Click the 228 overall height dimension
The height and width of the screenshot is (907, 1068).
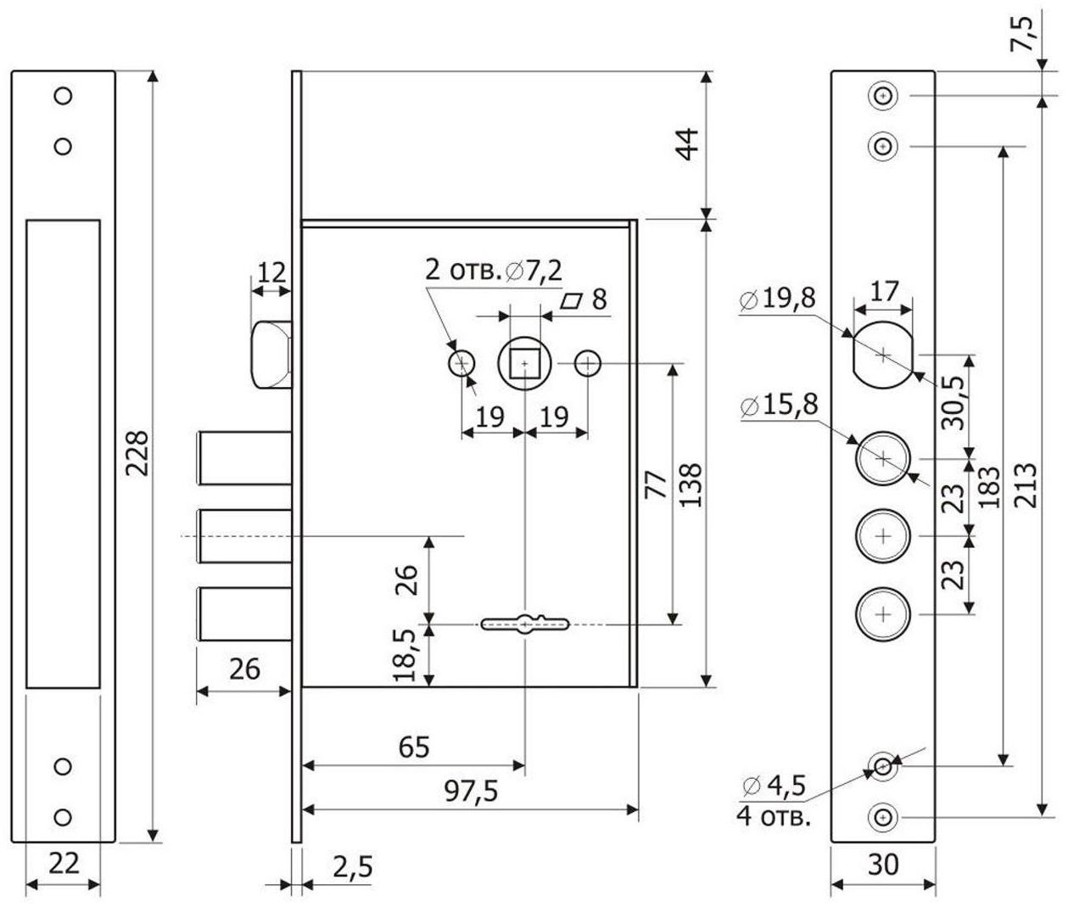point(138,454)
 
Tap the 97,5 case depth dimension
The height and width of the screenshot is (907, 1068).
point(472,791)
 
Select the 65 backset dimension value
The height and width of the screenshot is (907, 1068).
point(414,747)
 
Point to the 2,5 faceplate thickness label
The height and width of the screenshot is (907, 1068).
point(351,868)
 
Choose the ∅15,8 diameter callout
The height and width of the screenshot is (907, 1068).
point(779,406)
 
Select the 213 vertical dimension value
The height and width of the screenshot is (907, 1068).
point(1026,484)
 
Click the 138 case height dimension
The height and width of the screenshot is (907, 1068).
point(691,484)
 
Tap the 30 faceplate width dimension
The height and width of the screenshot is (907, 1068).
point(882,865)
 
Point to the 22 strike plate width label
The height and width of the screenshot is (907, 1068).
point(64,863)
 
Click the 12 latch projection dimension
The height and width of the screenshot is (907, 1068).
point(271,272)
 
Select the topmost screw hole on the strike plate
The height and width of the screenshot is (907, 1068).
point(62,96)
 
